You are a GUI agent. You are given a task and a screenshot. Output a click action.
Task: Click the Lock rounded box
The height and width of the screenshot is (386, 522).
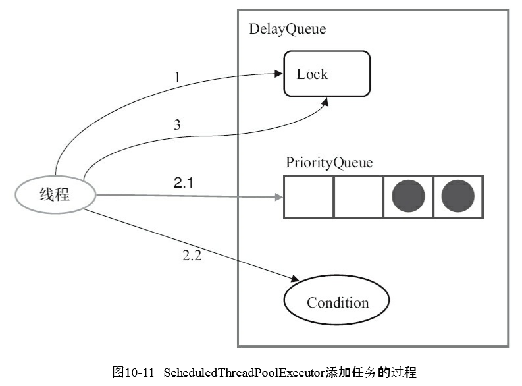coord(326,74)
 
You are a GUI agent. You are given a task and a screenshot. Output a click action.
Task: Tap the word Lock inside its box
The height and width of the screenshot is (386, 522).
coord(312,74)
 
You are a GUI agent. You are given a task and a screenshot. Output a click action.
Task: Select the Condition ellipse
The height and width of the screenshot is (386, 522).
coord(337,302)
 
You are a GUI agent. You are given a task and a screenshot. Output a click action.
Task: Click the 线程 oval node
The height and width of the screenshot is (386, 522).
coord(55,195)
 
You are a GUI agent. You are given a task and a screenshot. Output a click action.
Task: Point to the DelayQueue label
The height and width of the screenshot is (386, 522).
coord(287,30)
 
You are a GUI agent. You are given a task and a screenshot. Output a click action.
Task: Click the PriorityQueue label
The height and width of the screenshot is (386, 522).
coord(329,163)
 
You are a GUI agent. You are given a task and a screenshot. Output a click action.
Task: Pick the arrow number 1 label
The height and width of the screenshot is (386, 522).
coord(177,78)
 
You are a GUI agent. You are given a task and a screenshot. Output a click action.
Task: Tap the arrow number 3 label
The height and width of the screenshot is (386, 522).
coord(177,125)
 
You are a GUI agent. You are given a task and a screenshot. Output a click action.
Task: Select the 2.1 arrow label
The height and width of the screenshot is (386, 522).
coord(183,184)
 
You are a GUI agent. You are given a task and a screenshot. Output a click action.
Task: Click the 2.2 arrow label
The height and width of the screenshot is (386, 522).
coord(192,256)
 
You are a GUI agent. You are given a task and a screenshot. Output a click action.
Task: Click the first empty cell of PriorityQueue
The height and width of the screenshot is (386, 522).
coord(309,197)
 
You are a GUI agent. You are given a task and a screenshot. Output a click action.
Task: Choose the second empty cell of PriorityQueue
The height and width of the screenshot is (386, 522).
coord(359,197)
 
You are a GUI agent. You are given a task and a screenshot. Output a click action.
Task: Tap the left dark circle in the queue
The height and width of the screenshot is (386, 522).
coord(408,197)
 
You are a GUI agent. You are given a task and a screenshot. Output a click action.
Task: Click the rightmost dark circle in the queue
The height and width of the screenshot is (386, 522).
coord(458,197)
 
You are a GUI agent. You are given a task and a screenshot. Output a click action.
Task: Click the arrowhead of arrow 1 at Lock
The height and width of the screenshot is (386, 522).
coord(278,74)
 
